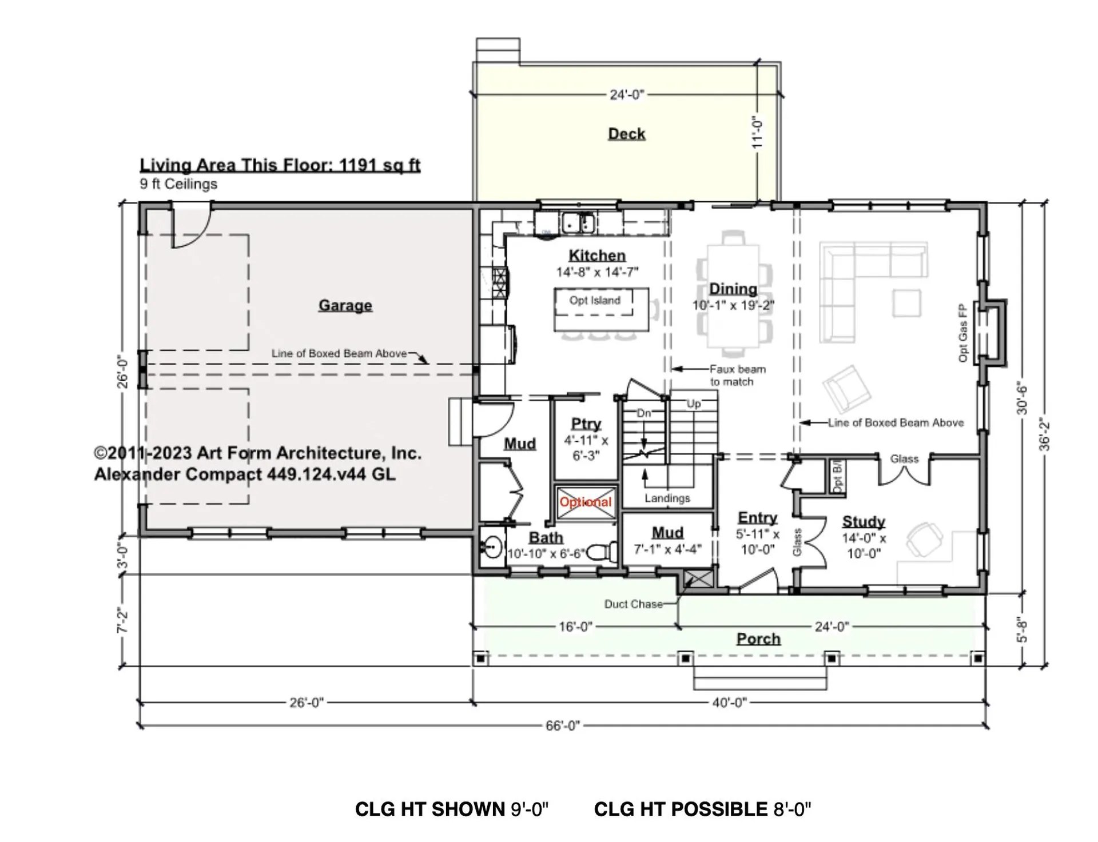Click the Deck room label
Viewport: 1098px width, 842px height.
tap(627, 134)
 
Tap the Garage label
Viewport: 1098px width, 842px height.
tap(345, 305)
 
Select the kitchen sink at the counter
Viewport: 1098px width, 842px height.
tap(578, 222)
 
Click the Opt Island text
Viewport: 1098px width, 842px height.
tap(595, 300)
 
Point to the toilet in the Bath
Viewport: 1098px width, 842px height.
tap(603, 552)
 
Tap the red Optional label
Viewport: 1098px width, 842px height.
tap(586, 502)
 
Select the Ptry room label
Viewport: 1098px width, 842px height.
tap(586, 424)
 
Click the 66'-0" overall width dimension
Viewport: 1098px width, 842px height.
tap(563, 725)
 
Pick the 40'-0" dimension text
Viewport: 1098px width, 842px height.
tap(729, 702)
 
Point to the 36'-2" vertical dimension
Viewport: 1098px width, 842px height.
tap(1044, 434)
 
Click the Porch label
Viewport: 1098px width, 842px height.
tap(758, 639)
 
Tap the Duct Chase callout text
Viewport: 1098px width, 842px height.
tap(634, 604)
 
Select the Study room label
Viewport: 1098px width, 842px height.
tap(864, 521)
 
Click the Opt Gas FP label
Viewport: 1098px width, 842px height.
tap(963, 333)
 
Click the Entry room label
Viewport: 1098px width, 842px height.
tap(758, 517)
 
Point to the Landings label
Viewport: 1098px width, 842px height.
tap(667, 498)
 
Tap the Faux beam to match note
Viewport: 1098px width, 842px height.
tap(738, 376)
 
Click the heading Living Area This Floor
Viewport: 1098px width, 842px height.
tap(280, 165)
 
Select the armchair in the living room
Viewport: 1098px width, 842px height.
tap(847, 389)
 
